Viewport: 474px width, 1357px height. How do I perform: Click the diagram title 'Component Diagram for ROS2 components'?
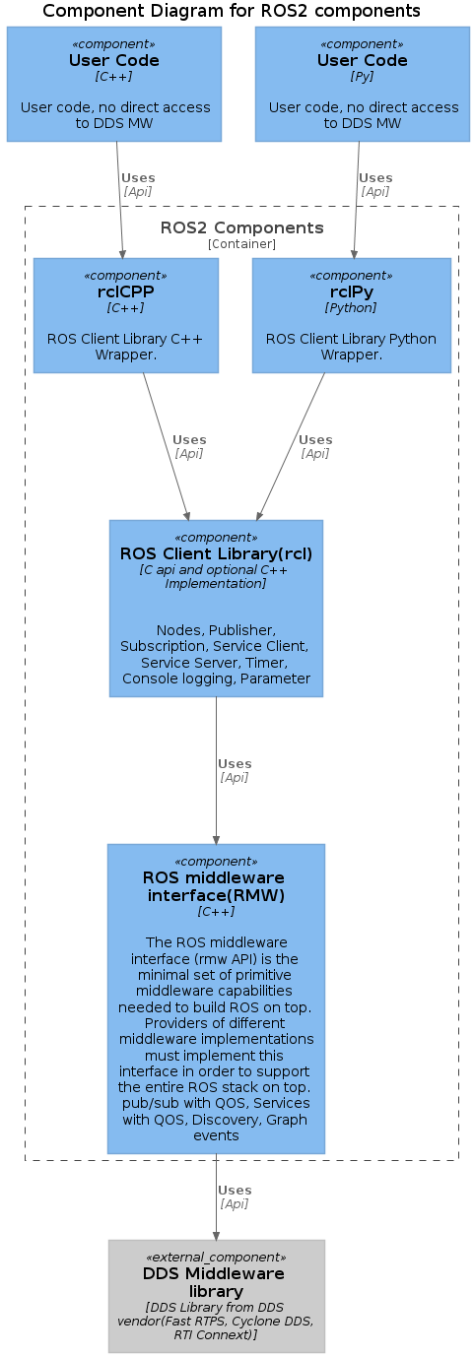tap(232, 11)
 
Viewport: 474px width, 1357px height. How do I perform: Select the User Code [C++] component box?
tap(114, 85)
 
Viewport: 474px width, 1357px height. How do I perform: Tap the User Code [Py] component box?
tap(363, 85)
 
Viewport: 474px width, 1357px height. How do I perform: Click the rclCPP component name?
tap(126, 291)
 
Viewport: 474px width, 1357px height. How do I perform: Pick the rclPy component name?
tap(351, 291)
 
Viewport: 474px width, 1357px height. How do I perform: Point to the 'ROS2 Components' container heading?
tap(241, 228)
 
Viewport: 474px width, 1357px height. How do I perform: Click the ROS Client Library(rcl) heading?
tap(216, 553)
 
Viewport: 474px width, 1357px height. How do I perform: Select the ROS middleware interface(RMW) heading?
tap(215, 886)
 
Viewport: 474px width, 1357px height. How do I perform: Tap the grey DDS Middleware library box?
tap(216, 1296)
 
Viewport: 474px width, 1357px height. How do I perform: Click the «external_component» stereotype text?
tap(216, 1258)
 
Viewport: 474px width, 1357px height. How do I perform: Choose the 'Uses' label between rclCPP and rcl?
tap(189, 439)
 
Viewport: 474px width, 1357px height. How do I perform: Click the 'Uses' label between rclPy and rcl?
tap(315, 439)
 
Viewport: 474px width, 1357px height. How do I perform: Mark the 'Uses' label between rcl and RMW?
tap(235, 763)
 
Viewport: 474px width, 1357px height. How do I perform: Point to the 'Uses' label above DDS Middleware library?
tap(235, 1190)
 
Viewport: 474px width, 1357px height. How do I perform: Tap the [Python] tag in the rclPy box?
tap(351, 308)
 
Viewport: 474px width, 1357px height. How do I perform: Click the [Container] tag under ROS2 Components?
tap(241, 244)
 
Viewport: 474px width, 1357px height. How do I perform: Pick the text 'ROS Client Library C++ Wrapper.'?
tap(126, 347)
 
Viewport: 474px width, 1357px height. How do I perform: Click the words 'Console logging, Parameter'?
tap(216, 678)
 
